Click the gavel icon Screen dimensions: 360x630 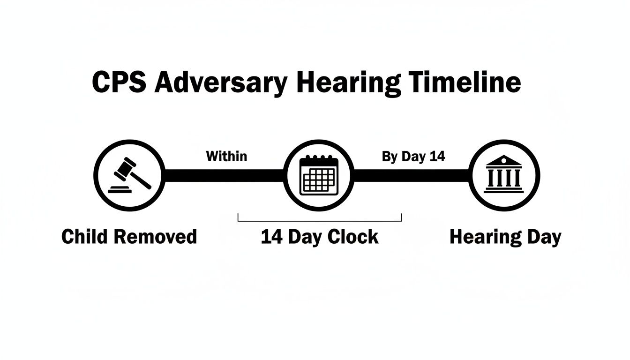click(x=129, y=175)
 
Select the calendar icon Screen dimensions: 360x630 click(x=319, y=175)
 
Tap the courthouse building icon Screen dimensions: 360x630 click(x=504, y=174)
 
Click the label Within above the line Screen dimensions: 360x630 click(x=226, y=156)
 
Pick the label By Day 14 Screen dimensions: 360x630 click(x=413, y=157)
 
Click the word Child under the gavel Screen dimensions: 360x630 click(x=85, y=237)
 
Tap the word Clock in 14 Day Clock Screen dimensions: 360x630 click(x=353, y=237)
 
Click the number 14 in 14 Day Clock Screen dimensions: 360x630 click(x=271, y=237)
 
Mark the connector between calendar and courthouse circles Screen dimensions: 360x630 click(x=412, y=175)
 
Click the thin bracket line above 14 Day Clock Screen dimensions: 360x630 click(x=320, y=220)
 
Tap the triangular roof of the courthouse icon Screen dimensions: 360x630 click(x=504, y=161)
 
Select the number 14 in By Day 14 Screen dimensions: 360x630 click(x=437, y=157)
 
